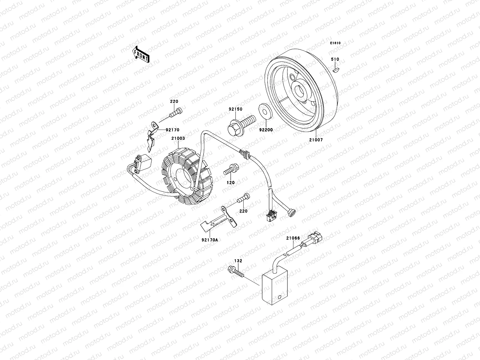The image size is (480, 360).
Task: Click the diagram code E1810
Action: pos(335,43)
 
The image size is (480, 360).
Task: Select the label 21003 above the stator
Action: pos(178,139)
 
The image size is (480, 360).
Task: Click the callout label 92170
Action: pos(172,130)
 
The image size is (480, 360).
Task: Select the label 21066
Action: pos(293,238)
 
